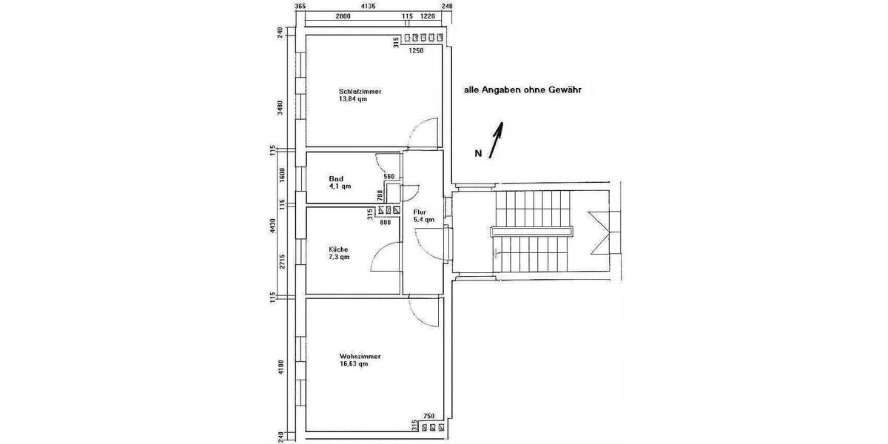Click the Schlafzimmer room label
pyautogui.click(x=360, y=91)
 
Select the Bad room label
pyautogui.click(x=336, y=178)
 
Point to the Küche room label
pyautogui.click(x=338, y=249)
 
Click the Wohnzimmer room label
pyautogui.click(x=360, y=356)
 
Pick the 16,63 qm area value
pyautogui.click(x=353, y=364)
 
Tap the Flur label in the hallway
pyautogui.click(x=420, y=212)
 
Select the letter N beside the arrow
pyautogui.click(x=478, y=154)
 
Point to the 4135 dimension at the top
pyautogui.click(x=368, y=6)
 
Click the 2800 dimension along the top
pyautogui.click(x=342, y=16)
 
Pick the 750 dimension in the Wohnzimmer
pyautogui.click(x=428, y=417)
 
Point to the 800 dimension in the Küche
pyautogui.click(x=385, y=221)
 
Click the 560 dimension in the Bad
pyautogui.click(x=390, y=177)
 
